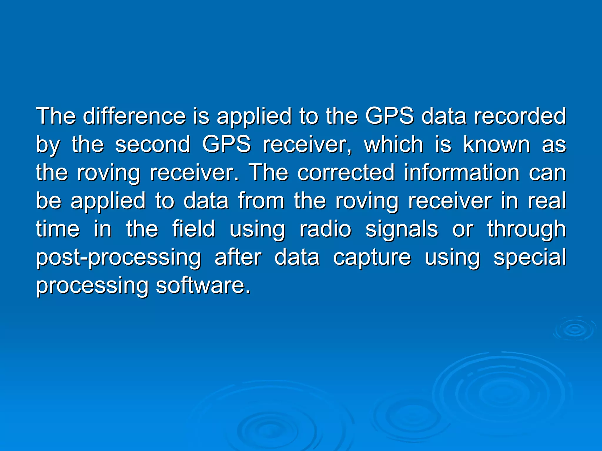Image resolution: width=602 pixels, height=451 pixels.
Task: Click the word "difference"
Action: pos(134,116)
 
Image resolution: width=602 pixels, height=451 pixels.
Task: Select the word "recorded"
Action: pos(520,116)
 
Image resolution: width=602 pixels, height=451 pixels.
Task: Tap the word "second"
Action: pos(153,144)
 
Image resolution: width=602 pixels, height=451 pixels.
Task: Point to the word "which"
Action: pos(394,144)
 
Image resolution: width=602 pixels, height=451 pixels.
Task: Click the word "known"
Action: pos(497,144)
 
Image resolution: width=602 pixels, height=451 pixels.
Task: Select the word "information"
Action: pos(461,173)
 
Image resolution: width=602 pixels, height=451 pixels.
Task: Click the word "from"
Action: pos(261,201)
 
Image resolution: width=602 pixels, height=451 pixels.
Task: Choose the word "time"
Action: pos(58,229)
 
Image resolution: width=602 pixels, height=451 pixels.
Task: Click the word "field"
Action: pos(193,229)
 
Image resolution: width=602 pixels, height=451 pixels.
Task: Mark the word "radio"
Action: pos(325,229)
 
